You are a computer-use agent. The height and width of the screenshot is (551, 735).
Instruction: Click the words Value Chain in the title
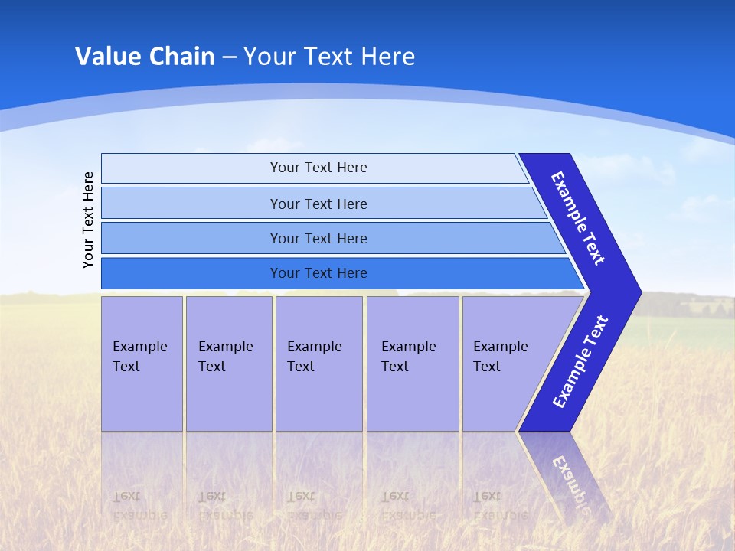[145, 56]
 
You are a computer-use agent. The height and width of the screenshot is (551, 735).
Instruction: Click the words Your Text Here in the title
[329, 56]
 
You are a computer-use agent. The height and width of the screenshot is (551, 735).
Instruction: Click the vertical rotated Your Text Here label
[89, 220]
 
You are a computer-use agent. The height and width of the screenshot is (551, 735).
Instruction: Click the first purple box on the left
[142, 364]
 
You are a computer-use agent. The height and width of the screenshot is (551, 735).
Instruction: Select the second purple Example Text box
[229, 364]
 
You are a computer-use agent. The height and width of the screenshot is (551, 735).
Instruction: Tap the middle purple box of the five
[318, 364]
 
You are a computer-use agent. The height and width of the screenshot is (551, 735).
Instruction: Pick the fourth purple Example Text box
[413, 364]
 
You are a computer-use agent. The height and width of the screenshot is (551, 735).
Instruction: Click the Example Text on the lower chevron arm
[580, 361]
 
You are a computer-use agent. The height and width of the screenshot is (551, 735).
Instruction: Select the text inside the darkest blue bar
[318, 273]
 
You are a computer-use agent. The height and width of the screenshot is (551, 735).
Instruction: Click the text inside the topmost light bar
[318, 168]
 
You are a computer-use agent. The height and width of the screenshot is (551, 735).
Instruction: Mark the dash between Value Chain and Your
[229, 57]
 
